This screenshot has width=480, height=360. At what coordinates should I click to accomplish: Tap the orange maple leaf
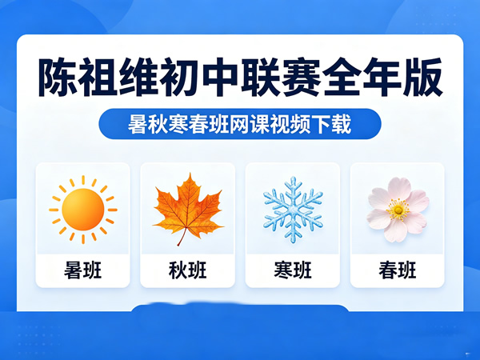pyautogui.click(x=187, y=206)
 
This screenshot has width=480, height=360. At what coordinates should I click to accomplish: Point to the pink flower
pyautogui.click(x=397, y=209)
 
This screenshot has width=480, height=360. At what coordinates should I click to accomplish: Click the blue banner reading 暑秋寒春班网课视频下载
pyautogui.click(x=240, y=125)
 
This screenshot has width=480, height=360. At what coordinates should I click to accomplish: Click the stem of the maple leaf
pyautogui.click(x=181, y=238)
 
